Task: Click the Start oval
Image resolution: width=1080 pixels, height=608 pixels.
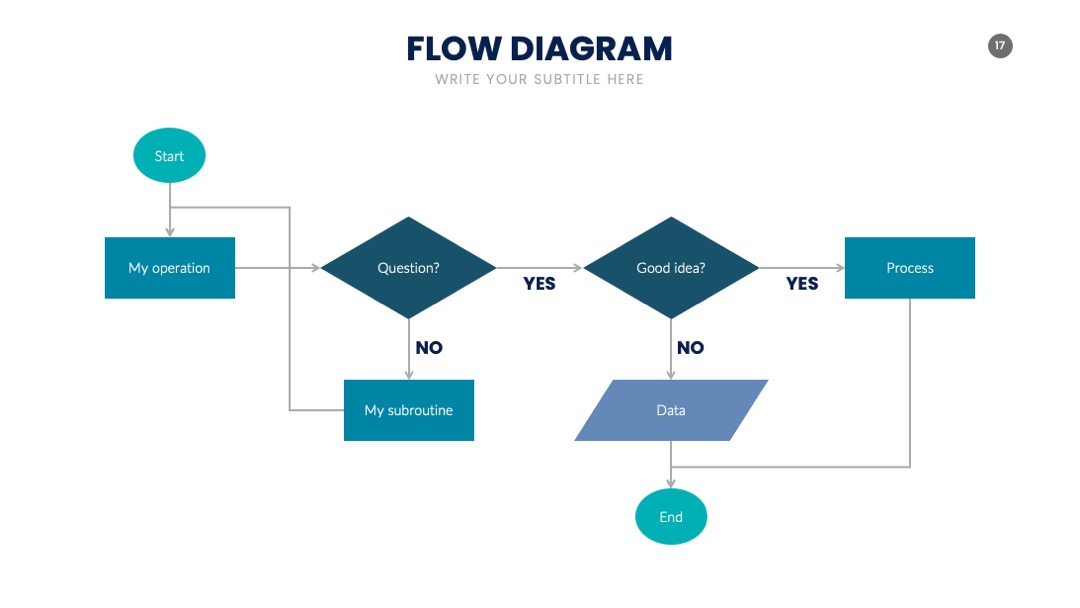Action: [x=169, y=156]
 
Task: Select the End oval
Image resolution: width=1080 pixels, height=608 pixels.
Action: [x=671, y=516]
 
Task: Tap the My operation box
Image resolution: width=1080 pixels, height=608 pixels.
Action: [x=169, y=268]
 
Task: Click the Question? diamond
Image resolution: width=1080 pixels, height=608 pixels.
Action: [x=408, y=268]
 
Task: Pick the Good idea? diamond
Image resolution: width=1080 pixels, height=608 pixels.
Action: [x=671, y=268]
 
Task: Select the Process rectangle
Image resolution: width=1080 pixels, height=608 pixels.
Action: [x=910, y=268]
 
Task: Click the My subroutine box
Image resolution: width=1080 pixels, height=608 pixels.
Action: [x=409, y=410]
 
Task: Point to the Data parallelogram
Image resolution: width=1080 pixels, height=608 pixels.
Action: [x=671, y=410]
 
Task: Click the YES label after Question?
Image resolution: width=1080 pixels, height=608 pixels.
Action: [x=539, y=284]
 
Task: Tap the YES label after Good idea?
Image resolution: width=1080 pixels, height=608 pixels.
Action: [x=802, y=284]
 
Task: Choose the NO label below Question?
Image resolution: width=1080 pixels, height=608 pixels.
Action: [x=429, y=348]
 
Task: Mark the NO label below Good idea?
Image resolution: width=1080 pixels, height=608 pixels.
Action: [x=691, y=348]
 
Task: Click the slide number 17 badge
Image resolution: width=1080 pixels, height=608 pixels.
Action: [x=1000, y=46]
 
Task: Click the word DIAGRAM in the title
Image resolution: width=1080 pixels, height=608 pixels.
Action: [x=591, y=49]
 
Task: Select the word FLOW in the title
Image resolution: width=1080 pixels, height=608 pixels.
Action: [x=454, y=49]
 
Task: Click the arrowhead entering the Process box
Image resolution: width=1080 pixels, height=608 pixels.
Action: [x=840, y=268]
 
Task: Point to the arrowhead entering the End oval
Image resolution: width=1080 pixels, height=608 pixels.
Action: [x=671, y=484]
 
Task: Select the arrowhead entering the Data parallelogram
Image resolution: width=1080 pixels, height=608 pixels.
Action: [x=671, y=375]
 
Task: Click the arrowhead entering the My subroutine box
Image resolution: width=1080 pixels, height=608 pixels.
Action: [x=409, y=375]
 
